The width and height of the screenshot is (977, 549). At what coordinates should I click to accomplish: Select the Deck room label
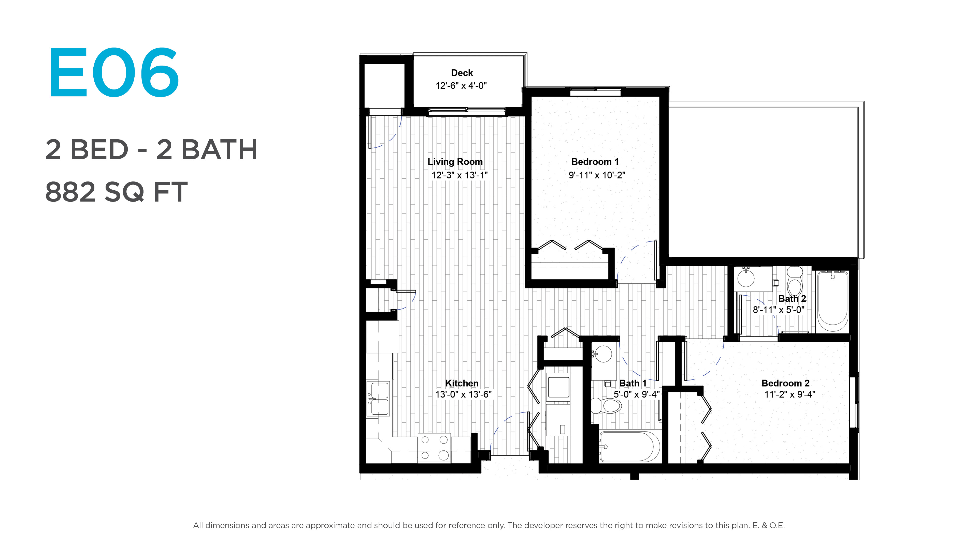tap(462, 73)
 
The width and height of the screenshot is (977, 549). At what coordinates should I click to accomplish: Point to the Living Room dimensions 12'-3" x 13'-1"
tap(459, 175)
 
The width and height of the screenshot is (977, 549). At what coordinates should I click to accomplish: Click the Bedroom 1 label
tap(595, 162)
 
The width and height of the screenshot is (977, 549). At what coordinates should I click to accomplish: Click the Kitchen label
tap(462, 384)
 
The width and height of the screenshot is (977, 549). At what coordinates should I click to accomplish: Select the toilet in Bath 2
tap(795, 281)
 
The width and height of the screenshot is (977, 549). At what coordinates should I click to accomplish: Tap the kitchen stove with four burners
tap(434, 448)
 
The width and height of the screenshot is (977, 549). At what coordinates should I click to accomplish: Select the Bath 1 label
tap(633, 384)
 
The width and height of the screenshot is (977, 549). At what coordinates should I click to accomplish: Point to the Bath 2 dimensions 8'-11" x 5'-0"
tap(778, 310)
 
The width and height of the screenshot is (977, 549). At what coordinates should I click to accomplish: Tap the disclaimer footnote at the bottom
tap(489, 526)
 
